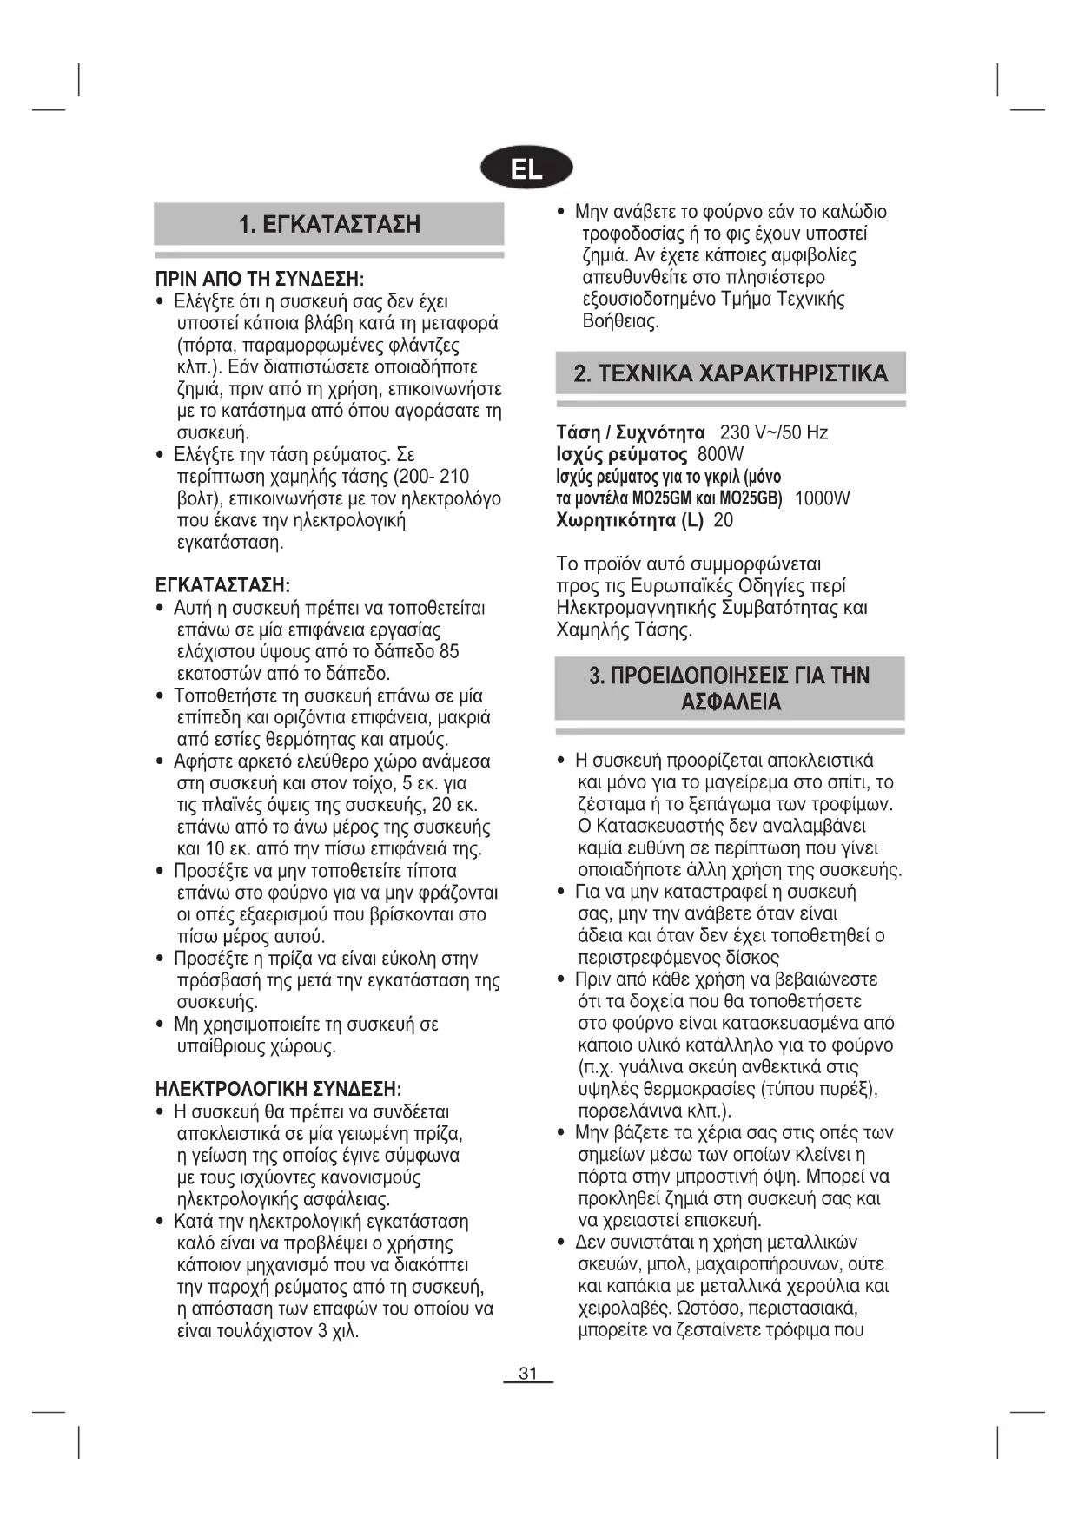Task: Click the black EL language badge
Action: click(526, 168)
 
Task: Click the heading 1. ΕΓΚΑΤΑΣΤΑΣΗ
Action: click(329, 225)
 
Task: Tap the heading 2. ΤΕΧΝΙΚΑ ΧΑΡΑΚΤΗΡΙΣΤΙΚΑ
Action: click(731, 374)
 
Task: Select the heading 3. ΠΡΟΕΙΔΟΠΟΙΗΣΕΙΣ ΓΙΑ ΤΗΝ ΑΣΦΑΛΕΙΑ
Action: click(730, 689)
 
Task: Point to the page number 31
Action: click(528, 1374)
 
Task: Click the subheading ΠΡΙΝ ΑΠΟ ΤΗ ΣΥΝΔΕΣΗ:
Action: click(259, 280)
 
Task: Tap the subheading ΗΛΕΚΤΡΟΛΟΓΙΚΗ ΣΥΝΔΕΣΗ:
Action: click(278, 1090)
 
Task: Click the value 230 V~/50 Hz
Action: click(774, 432)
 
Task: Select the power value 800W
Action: click(720, 454)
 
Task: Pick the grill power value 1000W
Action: click(822, 498)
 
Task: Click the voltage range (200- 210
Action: click(432, 477)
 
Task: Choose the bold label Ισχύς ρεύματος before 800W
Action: click(621, 454)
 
